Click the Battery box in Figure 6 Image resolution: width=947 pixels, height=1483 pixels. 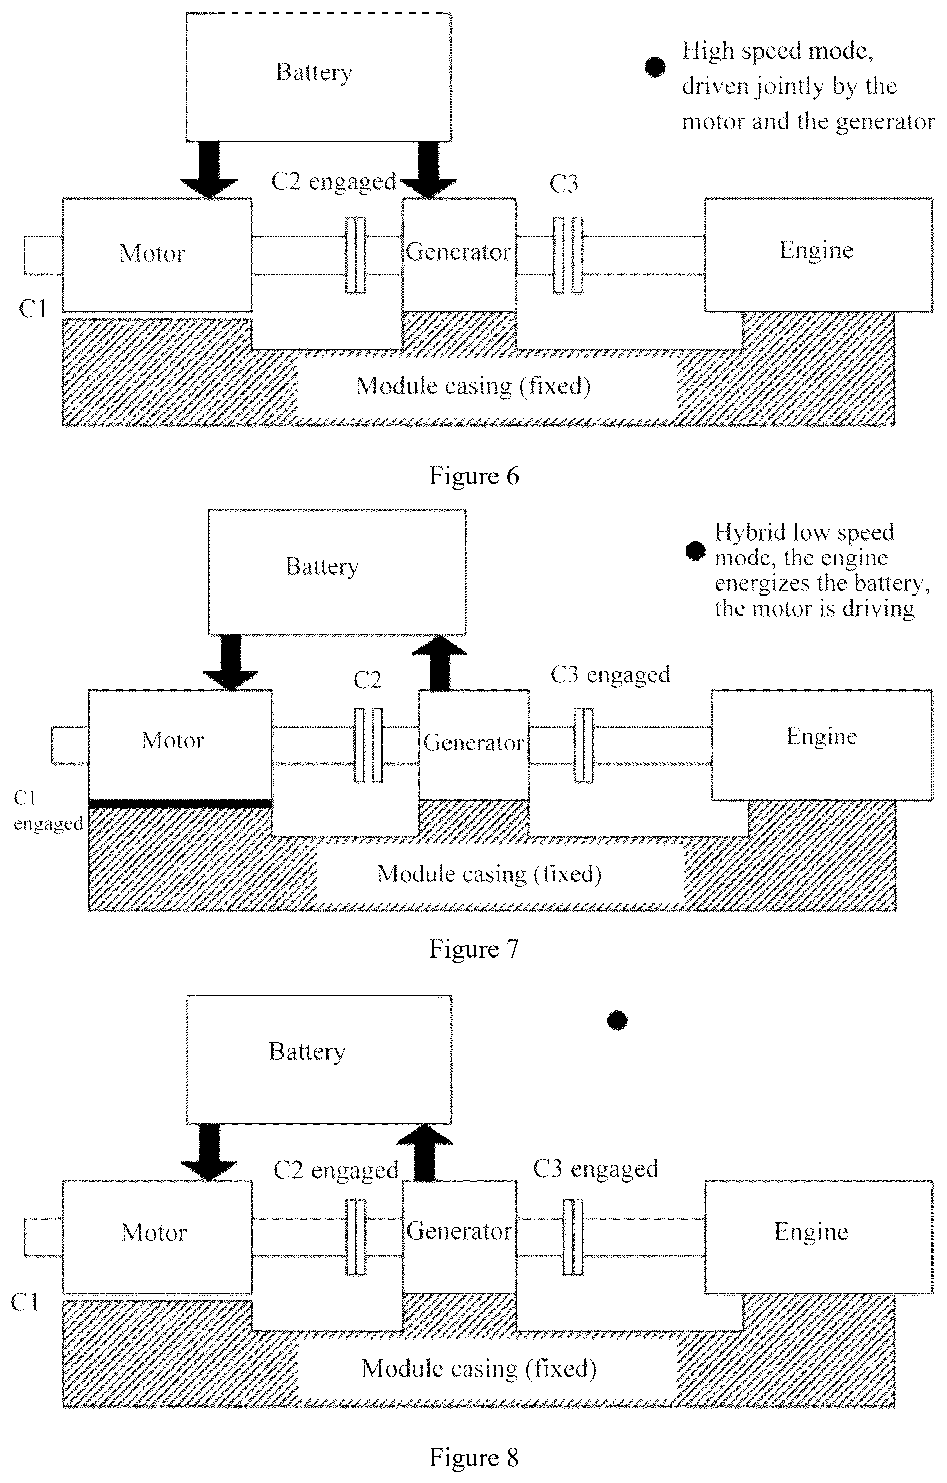click(x=318, y=77)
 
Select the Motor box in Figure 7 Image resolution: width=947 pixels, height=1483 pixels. click(x=180, y=744)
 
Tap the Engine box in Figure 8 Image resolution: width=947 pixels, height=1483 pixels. click(x=818, y=1236)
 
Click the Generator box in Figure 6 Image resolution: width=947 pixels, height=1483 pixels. click(x=459, y=254)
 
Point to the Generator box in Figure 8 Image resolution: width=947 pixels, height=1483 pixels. click(x=459, y=1236)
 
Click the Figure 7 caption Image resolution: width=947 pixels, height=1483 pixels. click(x=473, y=949)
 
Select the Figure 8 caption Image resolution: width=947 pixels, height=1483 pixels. click(x=473, y=1458)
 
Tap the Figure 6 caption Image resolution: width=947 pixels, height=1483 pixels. click(x=473, y=476)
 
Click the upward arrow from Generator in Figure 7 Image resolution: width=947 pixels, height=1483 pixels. click(x=439, y=662)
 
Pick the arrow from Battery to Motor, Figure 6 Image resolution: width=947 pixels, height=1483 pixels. click(x=209, y=169)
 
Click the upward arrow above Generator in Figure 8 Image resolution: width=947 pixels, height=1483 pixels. click(x=425, y=1152)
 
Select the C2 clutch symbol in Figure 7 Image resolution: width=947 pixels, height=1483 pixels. click(x=369, y=745)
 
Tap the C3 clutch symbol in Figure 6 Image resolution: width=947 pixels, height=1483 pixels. click(x=568, y=255)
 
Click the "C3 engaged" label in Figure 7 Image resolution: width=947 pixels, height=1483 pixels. click(x=610, y=675)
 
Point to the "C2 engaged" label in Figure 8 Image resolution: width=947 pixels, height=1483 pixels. click(x=336, y=1170)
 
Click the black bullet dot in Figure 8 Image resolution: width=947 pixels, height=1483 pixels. click(x=617, y=1021)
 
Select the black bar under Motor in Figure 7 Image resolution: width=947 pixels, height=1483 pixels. click(x=180, y=804)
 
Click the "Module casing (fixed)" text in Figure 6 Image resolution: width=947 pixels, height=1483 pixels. click(x=473, y=386)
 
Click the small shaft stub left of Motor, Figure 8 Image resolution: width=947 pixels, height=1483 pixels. click(x=44, y=1237)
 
